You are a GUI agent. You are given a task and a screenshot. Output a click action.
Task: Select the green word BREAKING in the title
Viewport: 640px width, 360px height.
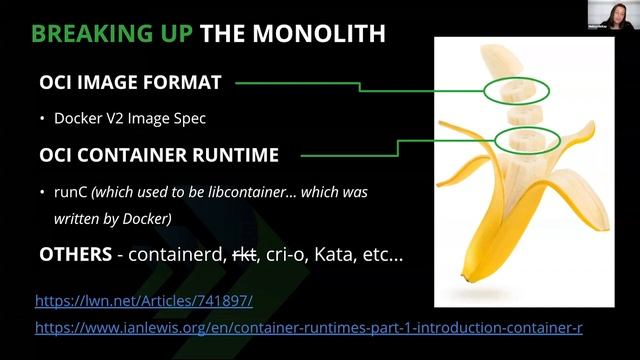click(80, 34)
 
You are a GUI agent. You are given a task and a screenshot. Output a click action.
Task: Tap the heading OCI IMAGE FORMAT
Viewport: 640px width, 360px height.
click(130, 83)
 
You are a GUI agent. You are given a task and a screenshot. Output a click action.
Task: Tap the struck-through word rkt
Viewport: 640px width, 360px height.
click(244, 254)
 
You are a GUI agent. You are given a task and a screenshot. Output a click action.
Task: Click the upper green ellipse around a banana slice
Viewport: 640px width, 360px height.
click(516, 93)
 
